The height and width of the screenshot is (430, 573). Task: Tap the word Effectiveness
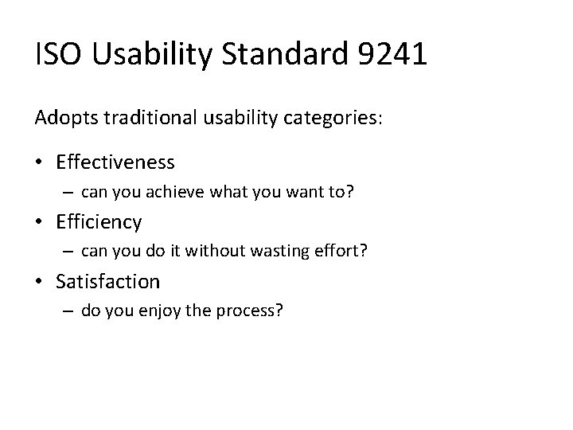pyautogui.click(x=115, y=162)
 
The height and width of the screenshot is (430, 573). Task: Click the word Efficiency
pyautogui.click(x=99, y=221)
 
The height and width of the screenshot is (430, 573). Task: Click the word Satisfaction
pyautogui.click(x=107, y=281)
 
